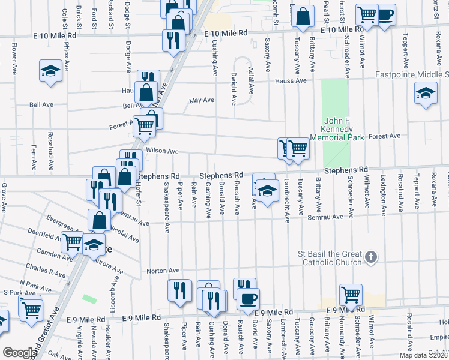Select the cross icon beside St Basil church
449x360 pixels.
coord(371,257)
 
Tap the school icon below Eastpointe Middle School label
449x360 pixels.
coord(426,93)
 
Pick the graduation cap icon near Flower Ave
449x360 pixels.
coord(51,71)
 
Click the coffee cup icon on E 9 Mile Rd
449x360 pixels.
coord(248,298)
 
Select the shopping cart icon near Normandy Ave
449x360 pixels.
coord(351,295)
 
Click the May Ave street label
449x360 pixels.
coord(202,100)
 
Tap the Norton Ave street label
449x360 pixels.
coord(163,271)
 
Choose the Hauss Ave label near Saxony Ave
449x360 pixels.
coord(291,80)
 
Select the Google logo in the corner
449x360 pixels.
coord(19,353)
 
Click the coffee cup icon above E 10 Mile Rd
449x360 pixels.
coord(385,13)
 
